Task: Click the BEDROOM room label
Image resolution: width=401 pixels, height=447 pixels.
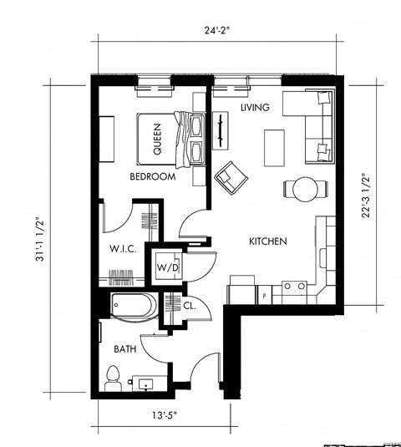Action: tap(152, 177)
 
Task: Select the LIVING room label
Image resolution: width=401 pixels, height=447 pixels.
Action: tap(255, 109)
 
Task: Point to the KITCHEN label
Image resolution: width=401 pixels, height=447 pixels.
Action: tap(268, 241)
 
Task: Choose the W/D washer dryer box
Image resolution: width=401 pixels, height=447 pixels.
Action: tap(165, 267)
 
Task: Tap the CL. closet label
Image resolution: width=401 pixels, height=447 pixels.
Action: tap(189, 305)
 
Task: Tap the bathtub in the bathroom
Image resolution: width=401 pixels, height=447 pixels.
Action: tap(132, 307)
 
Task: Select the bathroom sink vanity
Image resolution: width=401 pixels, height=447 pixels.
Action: tap(146, 384)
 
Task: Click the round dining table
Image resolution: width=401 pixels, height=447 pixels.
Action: tap(302, 188)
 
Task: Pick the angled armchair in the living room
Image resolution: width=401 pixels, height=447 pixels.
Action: tap(231, 176)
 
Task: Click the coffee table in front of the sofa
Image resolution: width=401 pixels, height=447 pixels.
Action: tap(274, 147)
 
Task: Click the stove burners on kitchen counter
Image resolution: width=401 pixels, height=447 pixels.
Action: tap(294, 287)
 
